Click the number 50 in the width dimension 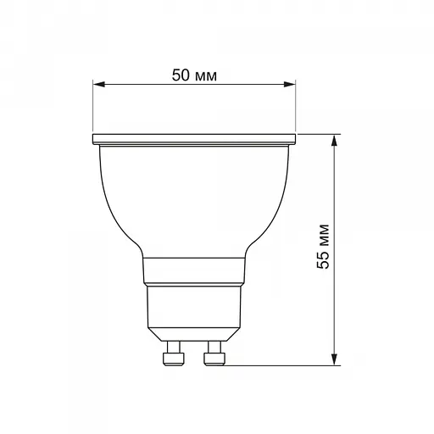[180, 75]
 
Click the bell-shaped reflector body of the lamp [194, 195]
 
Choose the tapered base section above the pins [194, 309]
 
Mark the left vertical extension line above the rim [92, 106]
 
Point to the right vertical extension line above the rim [298, 106]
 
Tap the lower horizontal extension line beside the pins [280, 366]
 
